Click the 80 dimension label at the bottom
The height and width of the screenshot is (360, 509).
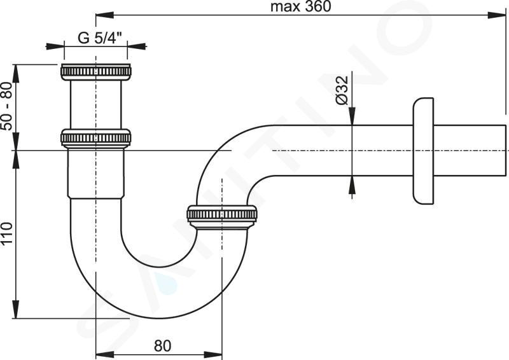[162, 346]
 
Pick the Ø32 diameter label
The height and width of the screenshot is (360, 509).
[341, 90]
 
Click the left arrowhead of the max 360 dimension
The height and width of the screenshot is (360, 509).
[101, 14]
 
